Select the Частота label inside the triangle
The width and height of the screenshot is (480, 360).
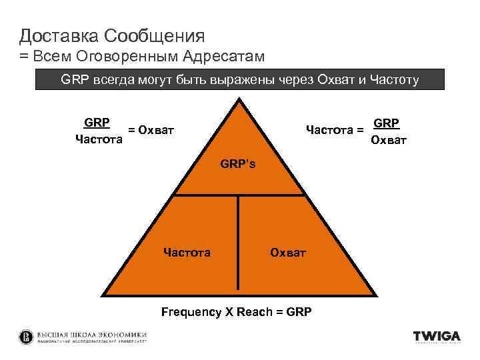[187, 252]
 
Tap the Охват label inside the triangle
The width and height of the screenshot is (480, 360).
[287, 252]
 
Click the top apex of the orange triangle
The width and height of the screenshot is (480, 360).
[238, 100]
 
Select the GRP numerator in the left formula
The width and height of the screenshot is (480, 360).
[97, 123]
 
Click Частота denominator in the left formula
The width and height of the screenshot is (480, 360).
[99, 139]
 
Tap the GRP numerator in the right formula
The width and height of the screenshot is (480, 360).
[387, 123]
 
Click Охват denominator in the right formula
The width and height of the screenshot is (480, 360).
[389, 139]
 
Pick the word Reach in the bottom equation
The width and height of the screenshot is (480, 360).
[251, 311]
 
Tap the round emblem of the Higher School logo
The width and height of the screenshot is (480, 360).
[26, 337]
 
